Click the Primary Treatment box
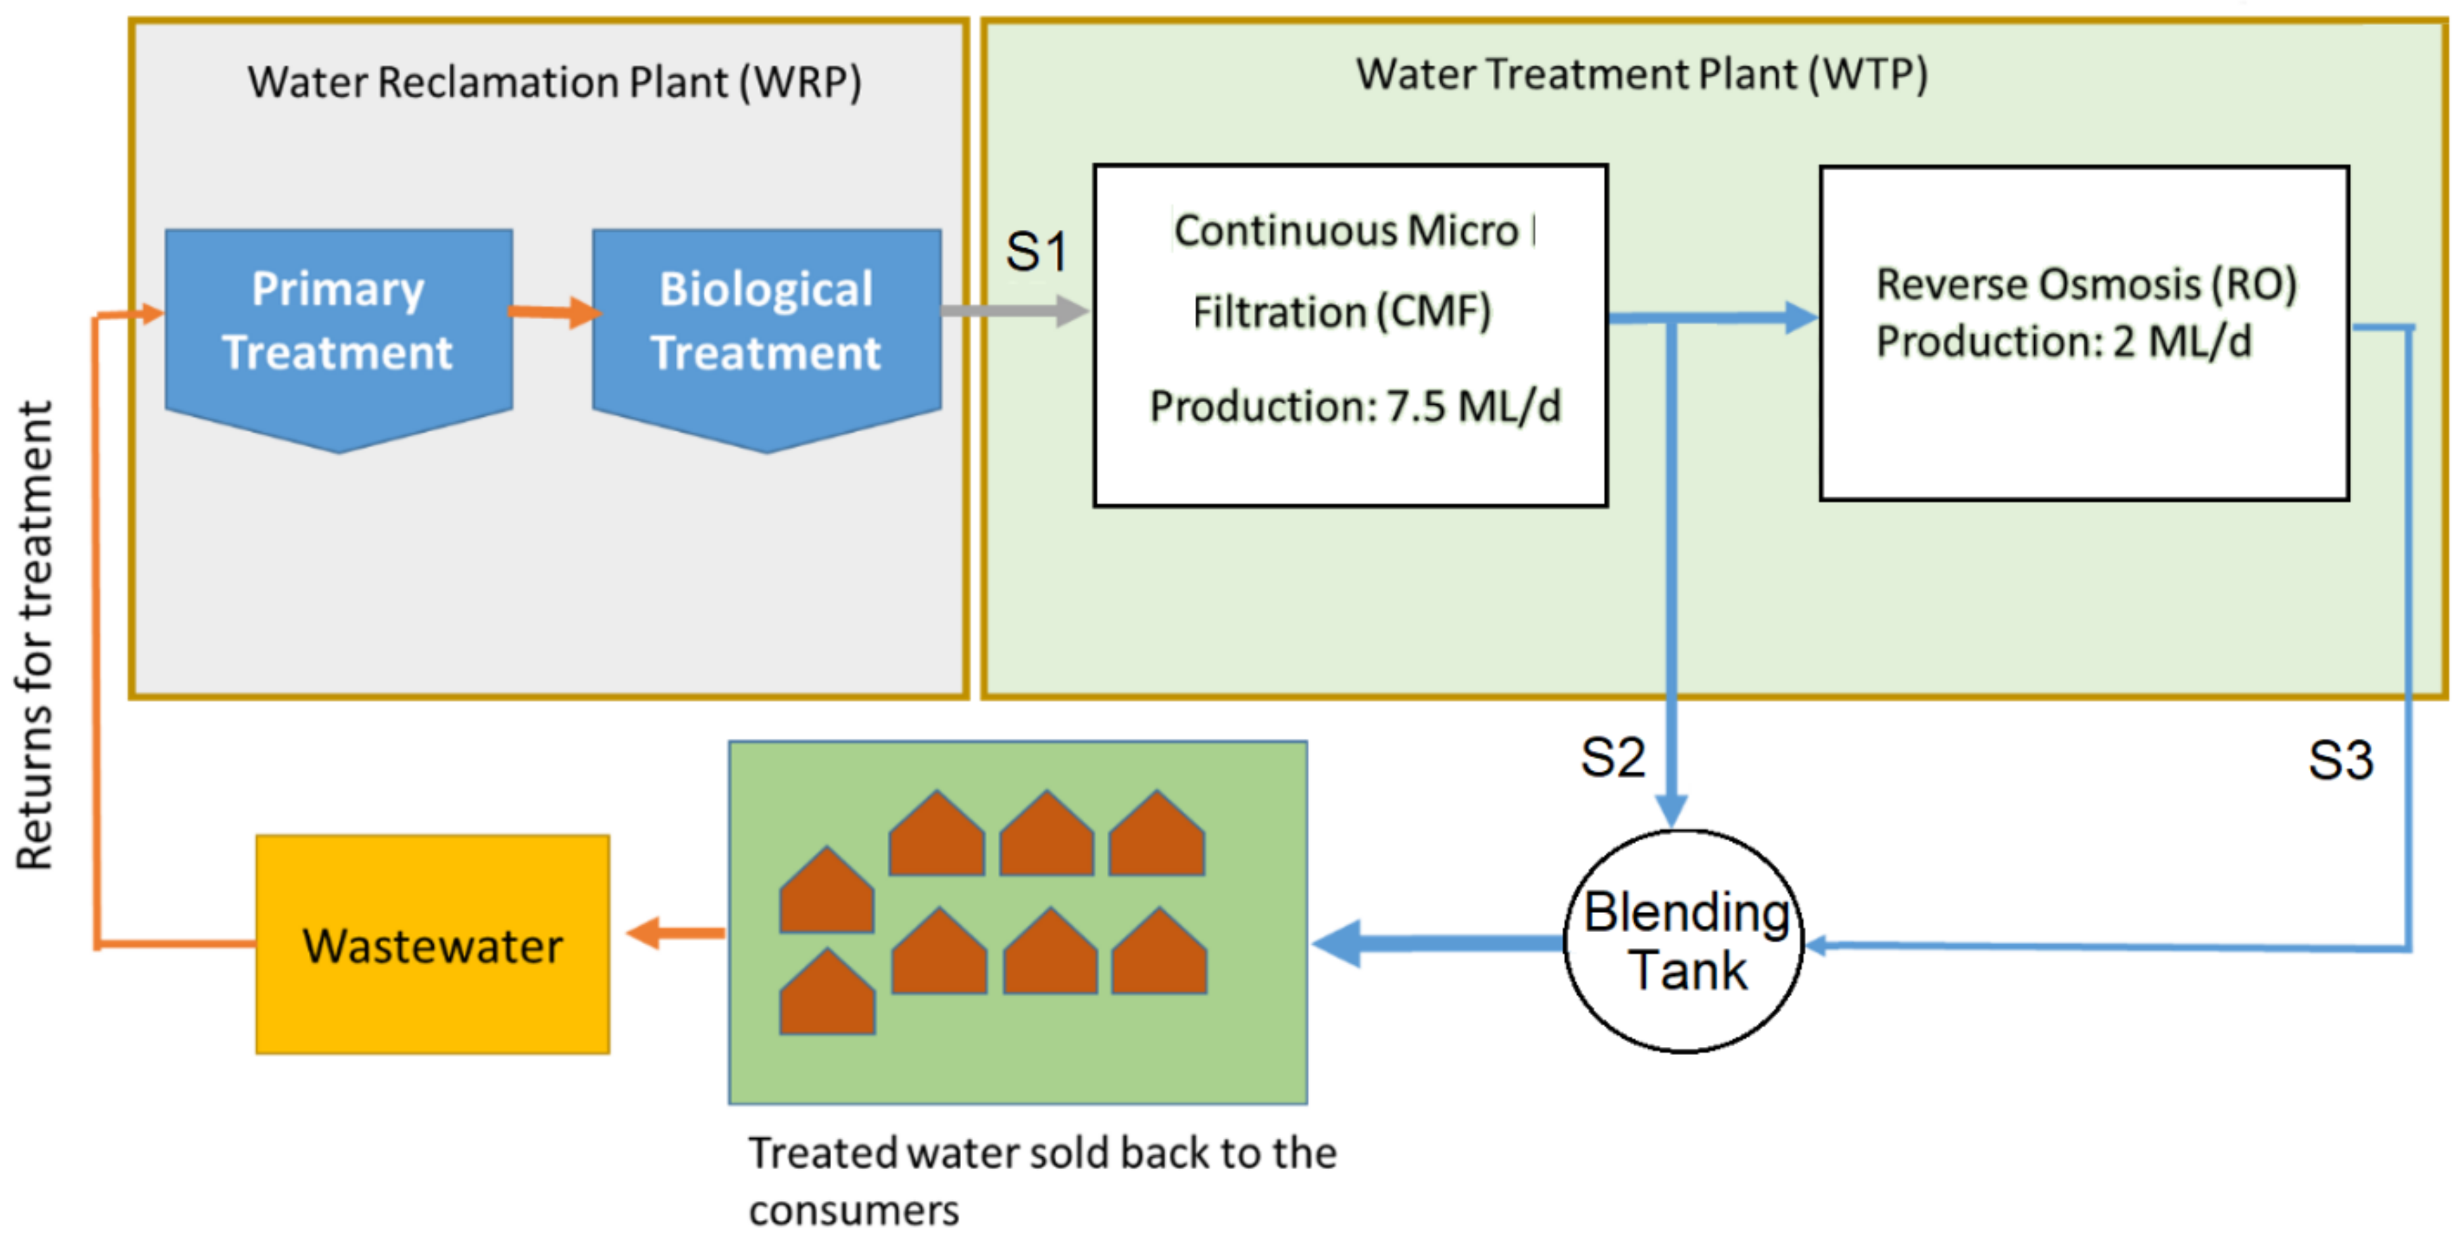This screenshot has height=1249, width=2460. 338,324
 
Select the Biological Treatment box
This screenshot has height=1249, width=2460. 766,324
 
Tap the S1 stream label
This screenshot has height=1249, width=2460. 1036,252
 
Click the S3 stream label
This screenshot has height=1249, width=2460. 2340,761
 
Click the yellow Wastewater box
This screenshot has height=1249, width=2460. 433,946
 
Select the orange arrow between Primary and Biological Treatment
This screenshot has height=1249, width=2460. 554,312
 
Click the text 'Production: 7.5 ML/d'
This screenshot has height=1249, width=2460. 1354,407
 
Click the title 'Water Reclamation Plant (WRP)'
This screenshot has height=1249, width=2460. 555,82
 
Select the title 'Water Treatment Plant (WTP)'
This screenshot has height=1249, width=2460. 1642,74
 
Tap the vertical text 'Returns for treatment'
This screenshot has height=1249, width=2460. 35,635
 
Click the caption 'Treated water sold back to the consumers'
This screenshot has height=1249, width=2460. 1041,1180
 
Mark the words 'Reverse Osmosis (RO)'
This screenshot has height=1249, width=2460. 2086,285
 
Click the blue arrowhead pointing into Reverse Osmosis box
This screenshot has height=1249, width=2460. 1801,318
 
